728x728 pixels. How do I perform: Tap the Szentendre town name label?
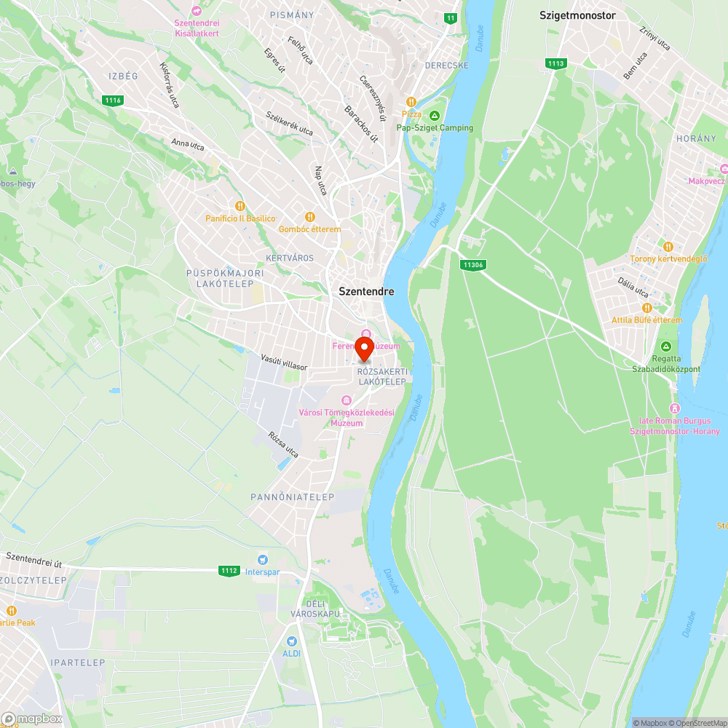coord(366,291)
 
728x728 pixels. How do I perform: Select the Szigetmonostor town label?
coord(577,15)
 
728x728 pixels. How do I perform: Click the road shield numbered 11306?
coord(472,265)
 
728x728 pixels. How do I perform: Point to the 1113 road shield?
coord(555,64)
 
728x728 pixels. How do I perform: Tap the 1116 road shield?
coord(113,100)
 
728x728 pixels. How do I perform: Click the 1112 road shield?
coord(229,571)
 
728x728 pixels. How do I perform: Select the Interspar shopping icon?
coord(263,560)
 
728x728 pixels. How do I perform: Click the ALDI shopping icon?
coord(292,641)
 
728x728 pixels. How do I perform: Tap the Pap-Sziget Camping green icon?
coord(435,116)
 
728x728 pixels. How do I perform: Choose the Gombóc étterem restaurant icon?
coord(309,217)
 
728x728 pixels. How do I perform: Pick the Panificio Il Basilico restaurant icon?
coord(240,206)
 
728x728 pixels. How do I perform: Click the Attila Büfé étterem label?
coord(646,320)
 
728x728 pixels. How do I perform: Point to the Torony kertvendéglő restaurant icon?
coord(668,246)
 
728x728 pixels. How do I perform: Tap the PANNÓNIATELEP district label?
coord(292,497)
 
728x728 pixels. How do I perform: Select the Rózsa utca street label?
coord(283,445)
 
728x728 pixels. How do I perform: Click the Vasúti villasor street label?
coord(284,362)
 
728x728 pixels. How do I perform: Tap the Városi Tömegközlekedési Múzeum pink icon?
coord(346,400)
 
